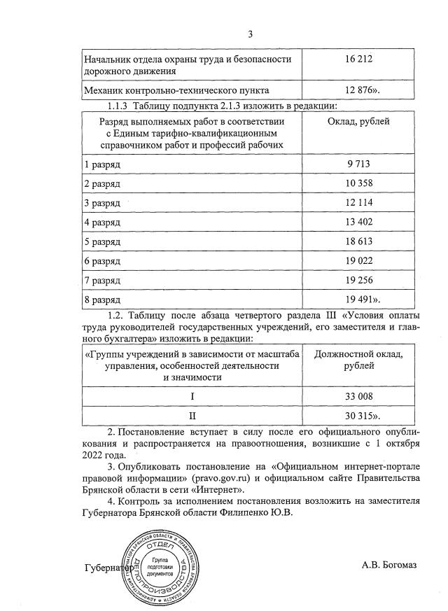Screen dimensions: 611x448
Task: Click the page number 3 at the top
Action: [x=250, y=34]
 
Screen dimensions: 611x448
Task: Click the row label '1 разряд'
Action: [x=102, y=164]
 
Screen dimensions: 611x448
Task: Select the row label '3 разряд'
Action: [x=102, y=203]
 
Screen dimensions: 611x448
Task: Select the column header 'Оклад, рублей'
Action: [x=358, y=121]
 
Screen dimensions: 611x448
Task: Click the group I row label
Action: [x=192, y=396]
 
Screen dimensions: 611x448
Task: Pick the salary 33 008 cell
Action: [x=358, y=396]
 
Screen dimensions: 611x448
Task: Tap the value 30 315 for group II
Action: [x=360, y=415]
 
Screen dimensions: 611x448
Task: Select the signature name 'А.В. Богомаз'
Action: [x=389, y=564]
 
